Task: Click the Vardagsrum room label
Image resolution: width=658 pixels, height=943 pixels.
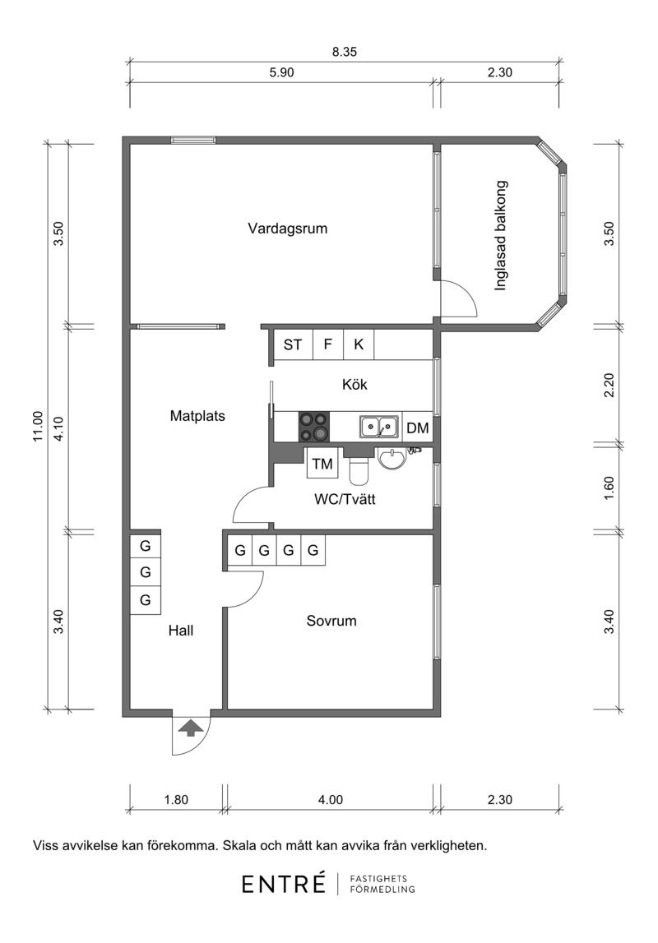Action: point(288,229)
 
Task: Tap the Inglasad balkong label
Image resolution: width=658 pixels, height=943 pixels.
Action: point(500,236)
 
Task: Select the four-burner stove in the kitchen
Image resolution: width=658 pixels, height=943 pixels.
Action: point(314,427)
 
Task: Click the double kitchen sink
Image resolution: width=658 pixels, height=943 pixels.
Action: point(379,427)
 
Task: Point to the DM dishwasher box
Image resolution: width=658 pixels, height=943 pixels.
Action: point(417,428)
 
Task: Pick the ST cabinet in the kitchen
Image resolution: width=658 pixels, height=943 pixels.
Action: point(292,344)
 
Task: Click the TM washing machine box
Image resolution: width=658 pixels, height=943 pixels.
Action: point(322,464)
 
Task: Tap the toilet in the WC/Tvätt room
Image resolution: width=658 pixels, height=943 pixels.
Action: point(359,469)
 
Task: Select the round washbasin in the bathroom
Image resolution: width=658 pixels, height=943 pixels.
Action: point(393,459)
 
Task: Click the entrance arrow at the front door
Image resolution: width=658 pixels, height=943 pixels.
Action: point(191,728)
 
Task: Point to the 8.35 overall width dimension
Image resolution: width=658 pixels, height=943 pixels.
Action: point(345,52)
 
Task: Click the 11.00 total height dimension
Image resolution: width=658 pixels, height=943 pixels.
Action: point(39,427)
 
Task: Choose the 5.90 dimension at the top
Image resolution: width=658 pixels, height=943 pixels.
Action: point(281,73)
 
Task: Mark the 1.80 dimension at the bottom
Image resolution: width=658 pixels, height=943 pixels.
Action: point(176,800)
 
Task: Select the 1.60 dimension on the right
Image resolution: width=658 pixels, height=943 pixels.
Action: point(609,488)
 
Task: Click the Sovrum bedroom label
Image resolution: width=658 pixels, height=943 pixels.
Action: point(331,621)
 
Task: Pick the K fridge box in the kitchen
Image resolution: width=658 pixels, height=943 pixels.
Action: point(359,344)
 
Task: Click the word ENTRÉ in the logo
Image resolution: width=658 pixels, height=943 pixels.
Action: point(284,884)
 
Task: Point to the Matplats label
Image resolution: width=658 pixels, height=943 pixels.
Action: point(197,415)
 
